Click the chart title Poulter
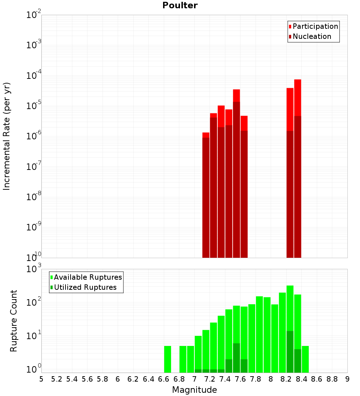tap(180, 5)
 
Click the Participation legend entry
tap(315, 26)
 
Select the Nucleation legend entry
tap(312, 36)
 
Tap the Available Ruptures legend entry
tap(88, 277)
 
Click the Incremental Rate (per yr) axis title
tap(7, 136)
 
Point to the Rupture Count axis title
tap(14, 320)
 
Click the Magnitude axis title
tap(194, 390)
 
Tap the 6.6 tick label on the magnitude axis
tap(163, 379)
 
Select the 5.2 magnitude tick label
tap(57, 379)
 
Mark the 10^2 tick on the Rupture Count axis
tap(33, 302)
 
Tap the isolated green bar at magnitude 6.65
tap(167, 359)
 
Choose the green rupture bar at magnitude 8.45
tap(305, 359)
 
